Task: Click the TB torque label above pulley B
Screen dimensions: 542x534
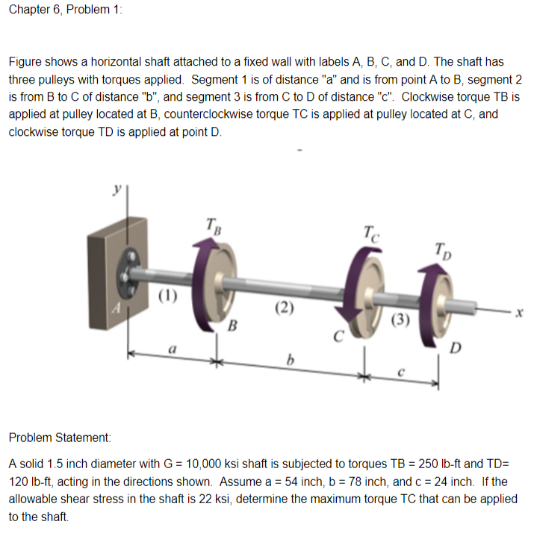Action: [x=212, y=224]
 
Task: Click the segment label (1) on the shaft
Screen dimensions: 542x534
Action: [x=168, y=293]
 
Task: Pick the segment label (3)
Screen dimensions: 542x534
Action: [x=400, y=322]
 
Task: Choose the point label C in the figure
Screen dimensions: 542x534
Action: [x=338, y=334]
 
